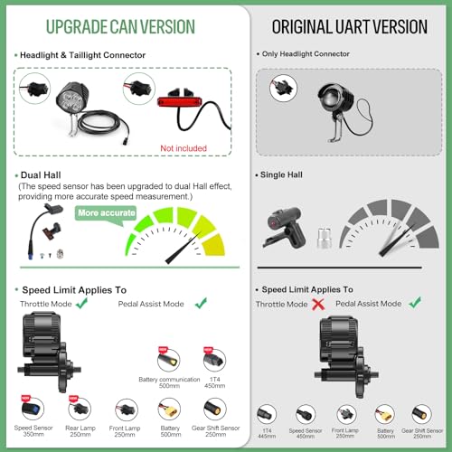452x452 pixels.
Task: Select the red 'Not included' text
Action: point(183,147)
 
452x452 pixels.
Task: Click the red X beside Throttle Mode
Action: point(318,305)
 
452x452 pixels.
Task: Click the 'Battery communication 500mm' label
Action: point(166,381)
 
